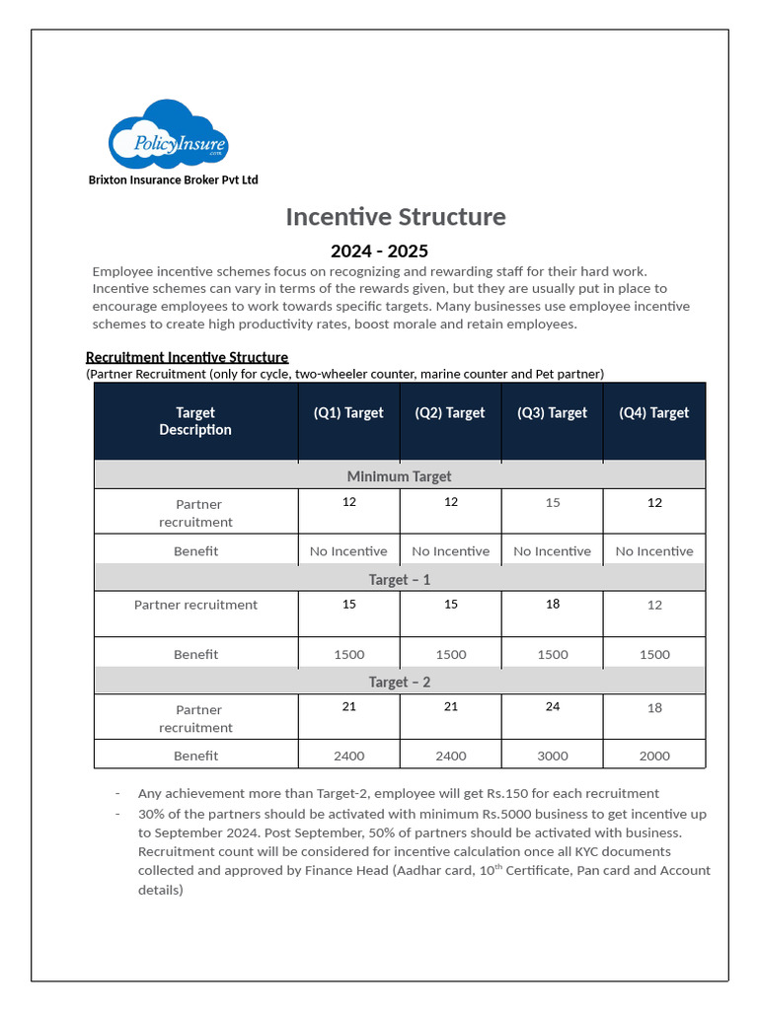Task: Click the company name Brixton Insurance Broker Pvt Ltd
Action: (x=173, y=180)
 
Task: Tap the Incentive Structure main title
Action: (x=396, y=217)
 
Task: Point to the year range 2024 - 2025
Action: (x=379, y=251)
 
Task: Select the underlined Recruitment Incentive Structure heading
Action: (x=187, y=357)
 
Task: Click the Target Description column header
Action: (x=195, y=421)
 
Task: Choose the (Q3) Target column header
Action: (x=552, y=413)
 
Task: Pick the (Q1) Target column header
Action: (x=348, y=413)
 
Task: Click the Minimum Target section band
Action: (x=399, y=476)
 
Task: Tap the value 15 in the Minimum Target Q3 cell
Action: (x=552, y=503)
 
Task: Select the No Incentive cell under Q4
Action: (x=654, y=551)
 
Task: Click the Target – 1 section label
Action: (x=399, y=580)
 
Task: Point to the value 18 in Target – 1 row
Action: (x=552, y=605)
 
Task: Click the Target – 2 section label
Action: (x=399, y=683)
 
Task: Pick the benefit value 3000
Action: (x=552, y=757)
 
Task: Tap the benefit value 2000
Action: (x=654, y=757)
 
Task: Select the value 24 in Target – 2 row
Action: (x=552, y=707)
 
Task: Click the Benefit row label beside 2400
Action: (x=195, y=757)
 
